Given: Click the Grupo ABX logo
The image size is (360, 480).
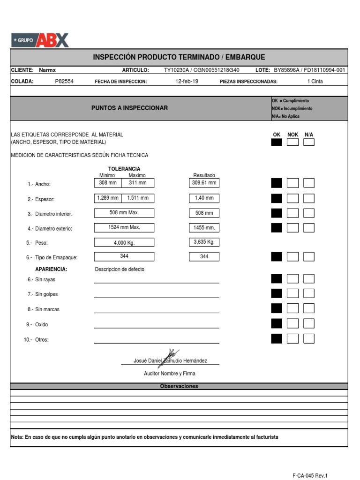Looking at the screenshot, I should (40, 40).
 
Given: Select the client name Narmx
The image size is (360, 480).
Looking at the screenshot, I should (47, 70).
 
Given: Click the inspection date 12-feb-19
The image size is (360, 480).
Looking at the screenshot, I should (187, 81).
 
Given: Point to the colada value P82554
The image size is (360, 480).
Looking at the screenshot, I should (64, 81).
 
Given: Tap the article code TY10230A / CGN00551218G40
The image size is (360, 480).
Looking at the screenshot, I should (202, 70).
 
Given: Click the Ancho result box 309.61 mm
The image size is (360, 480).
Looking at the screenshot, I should (204, 183).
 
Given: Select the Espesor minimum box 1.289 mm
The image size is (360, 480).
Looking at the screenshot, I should (107, 198).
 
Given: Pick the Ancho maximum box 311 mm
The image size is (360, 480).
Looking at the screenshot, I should (137, 183).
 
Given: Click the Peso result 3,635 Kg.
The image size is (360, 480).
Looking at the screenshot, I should (204, 242).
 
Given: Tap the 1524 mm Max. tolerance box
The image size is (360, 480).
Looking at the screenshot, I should (124, 228).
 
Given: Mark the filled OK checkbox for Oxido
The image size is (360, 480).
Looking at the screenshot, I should (277, 323).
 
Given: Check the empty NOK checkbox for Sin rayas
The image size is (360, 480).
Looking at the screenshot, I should (292, 279).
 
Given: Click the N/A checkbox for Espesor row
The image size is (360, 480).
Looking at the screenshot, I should (308, 198).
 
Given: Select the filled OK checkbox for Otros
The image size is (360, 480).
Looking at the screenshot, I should (277, 338).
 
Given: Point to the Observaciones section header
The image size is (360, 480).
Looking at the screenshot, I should (179, 386).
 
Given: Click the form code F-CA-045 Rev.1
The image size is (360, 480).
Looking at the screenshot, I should (310, 475).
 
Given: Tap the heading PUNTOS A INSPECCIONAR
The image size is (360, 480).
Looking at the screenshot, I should (129, 108).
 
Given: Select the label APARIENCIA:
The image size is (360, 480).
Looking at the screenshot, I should (51, 269).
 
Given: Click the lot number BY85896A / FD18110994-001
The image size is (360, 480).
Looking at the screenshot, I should (309, 70).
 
